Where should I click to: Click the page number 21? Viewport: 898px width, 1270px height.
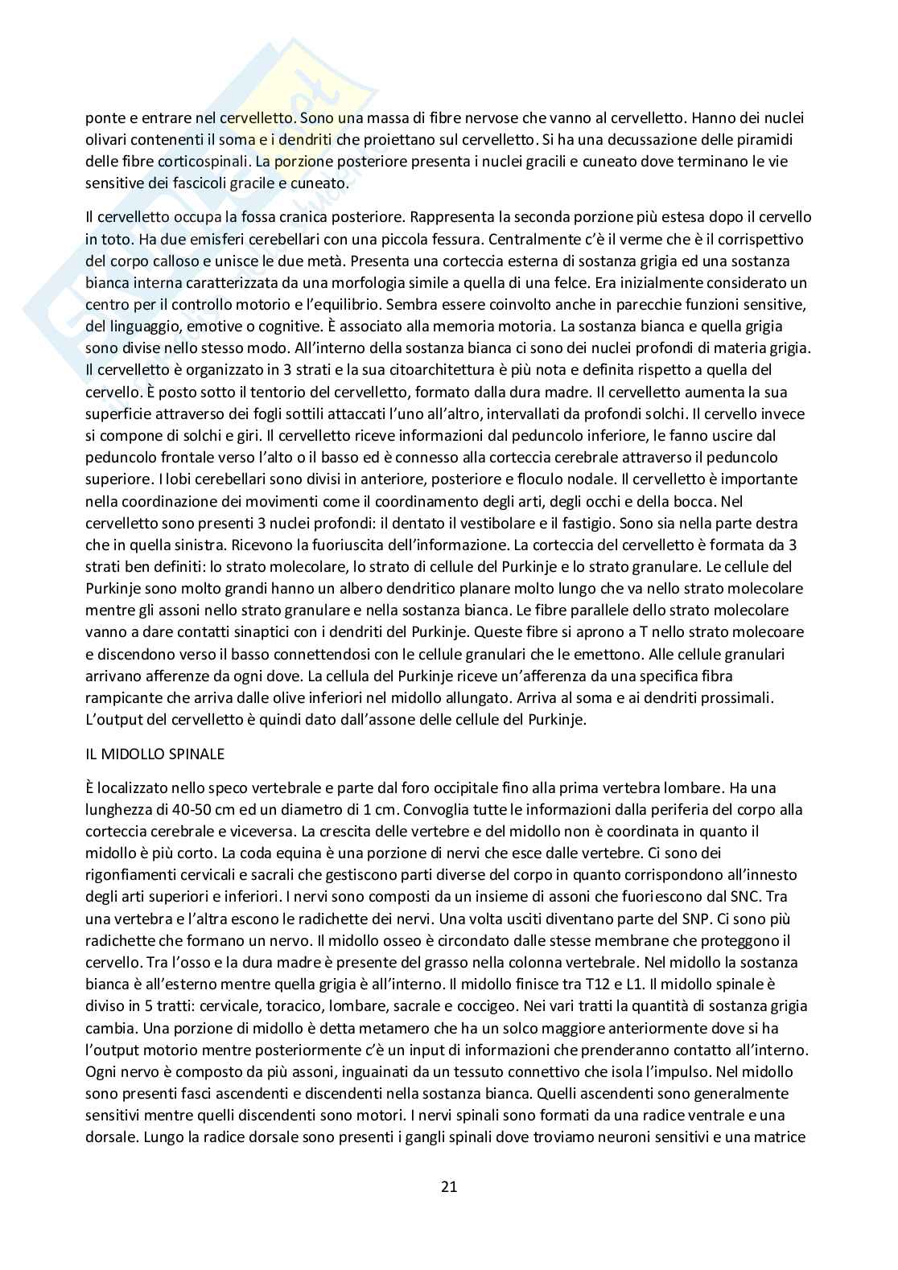[x=449, y=1186]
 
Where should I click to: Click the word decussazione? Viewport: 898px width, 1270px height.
[x=670, y=139]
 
